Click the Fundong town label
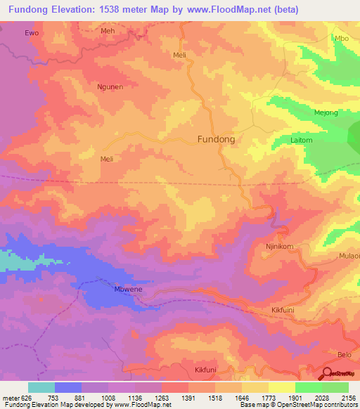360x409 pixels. click(x=216, y=139)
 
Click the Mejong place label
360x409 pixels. click(x=326, y=112)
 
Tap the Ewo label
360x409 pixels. click(x=31, y=33)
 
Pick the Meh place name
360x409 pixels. click(x=108, y=32)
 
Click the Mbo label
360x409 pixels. click(x=342, y=39)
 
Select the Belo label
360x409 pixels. click(x=345, y=356)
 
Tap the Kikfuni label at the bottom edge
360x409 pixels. click(x=207, y=369)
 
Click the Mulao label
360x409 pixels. click(x=349, y=257)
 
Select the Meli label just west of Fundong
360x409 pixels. click(x=107, y=160)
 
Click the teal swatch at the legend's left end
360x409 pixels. click(x=41, y=387)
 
